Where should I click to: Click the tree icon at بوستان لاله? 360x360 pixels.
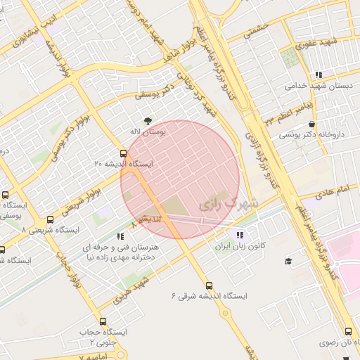tap(147, 121)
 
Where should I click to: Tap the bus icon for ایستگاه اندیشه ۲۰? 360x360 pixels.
tap(124, 153)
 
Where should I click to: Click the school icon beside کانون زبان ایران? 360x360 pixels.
tap(240, 236)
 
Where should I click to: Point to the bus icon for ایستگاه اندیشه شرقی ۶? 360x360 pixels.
tap(209, 285)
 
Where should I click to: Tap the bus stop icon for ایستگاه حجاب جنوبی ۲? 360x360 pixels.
tap(103, 321)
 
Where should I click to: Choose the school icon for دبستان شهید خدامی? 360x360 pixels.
tap(319, 75)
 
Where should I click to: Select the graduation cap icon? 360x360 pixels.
tap(288, 262)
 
